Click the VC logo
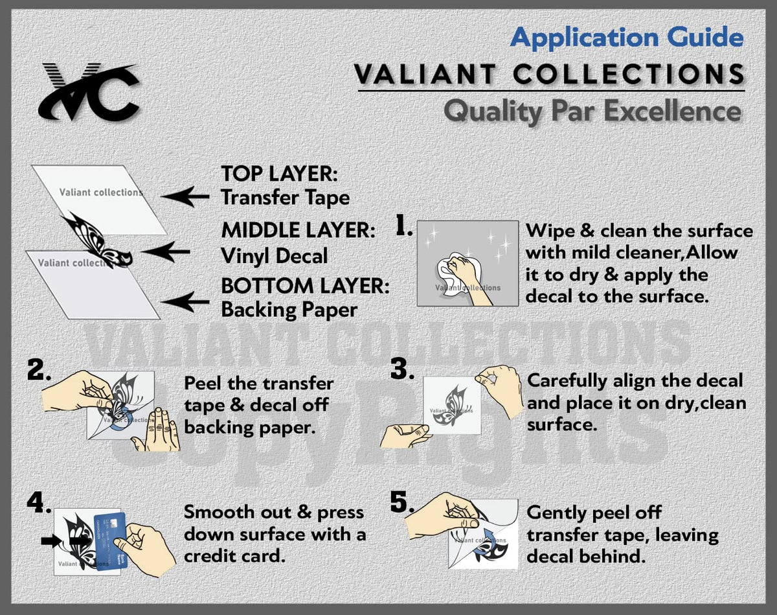click(x=89, y=93)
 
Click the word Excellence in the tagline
click(x=673, y=111)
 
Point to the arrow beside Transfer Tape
click(x=185, y=196)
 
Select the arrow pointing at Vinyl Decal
click(x=165, y=251)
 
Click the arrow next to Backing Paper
click(x=185, y=302)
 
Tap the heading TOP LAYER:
click(x=280, y=174)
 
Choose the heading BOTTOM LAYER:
click(x=306, y=286)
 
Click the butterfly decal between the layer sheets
click(x=96, y=238)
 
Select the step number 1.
click(x=404, y=225)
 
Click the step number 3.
click(x=402, y=369)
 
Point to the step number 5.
click(x=402, y=502)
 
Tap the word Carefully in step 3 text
click(x=567, y=382)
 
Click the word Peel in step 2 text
click(x=203, y=383)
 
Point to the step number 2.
click(x=39, y=369)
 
